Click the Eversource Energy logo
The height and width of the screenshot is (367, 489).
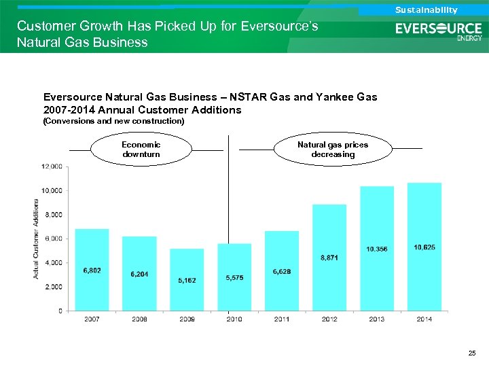[x=439, y=31]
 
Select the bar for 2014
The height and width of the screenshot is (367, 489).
[x=424, y=247]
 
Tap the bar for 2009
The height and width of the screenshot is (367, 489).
[x=187, y=279]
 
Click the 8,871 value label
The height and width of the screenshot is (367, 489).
[x=329, y=258]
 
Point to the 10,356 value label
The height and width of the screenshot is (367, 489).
[x=377, y=249]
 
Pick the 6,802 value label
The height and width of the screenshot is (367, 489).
[x=92, y=270]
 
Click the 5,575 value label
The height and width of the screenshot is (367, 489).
[x=234, y=278]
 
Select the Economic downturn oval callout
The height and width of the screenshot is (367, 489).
[x=141, y=150]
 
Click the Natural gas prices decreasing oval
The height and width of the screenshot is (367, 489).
[x=333, y=150]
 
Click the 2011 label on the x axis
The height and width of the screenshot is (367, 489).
[x=282, y=319]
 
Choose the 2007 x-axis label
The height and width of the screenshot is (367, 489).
[x=92, y=319]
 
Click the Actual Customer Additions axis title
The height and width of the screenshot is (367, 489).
[x=35, y=238]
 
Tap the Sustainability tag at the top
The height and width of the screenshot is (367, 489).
[x=426, y=10]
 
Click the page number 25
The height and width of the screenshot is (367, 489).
[x=472, y=353]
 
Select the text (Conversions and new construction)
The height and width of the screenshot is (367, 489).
[x=113, y=121]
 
